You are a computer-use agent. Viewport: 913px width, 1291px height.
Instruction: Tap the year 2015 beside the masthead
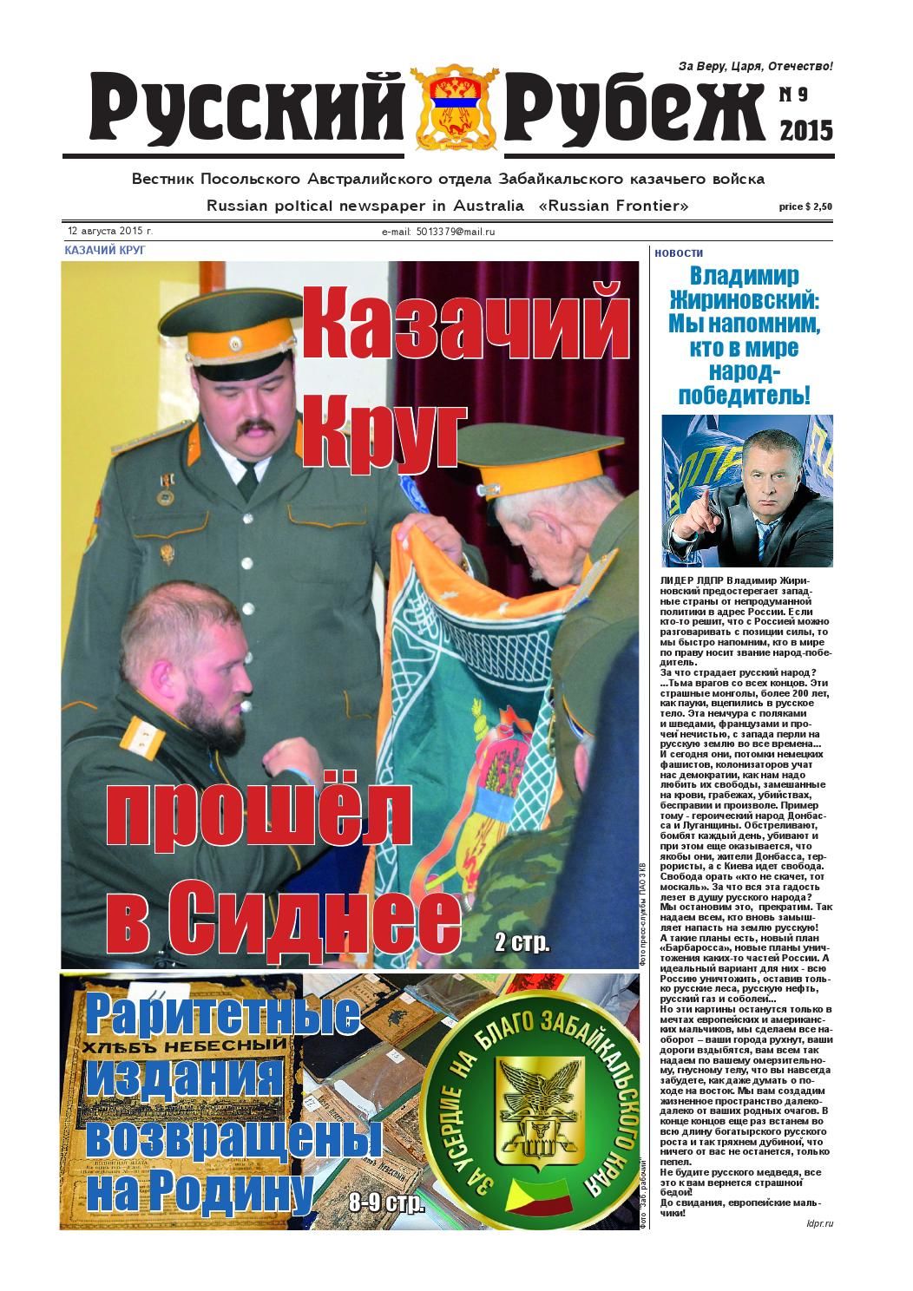806,130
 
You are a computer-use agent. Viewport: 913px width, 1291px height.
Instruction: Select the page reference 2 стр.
522,942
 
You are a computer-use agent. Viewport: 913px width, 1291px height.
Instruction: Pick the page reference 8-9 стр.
386,1203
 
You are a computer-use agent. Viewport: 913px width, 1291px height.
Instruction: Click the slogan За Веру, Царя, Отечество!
755,67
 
